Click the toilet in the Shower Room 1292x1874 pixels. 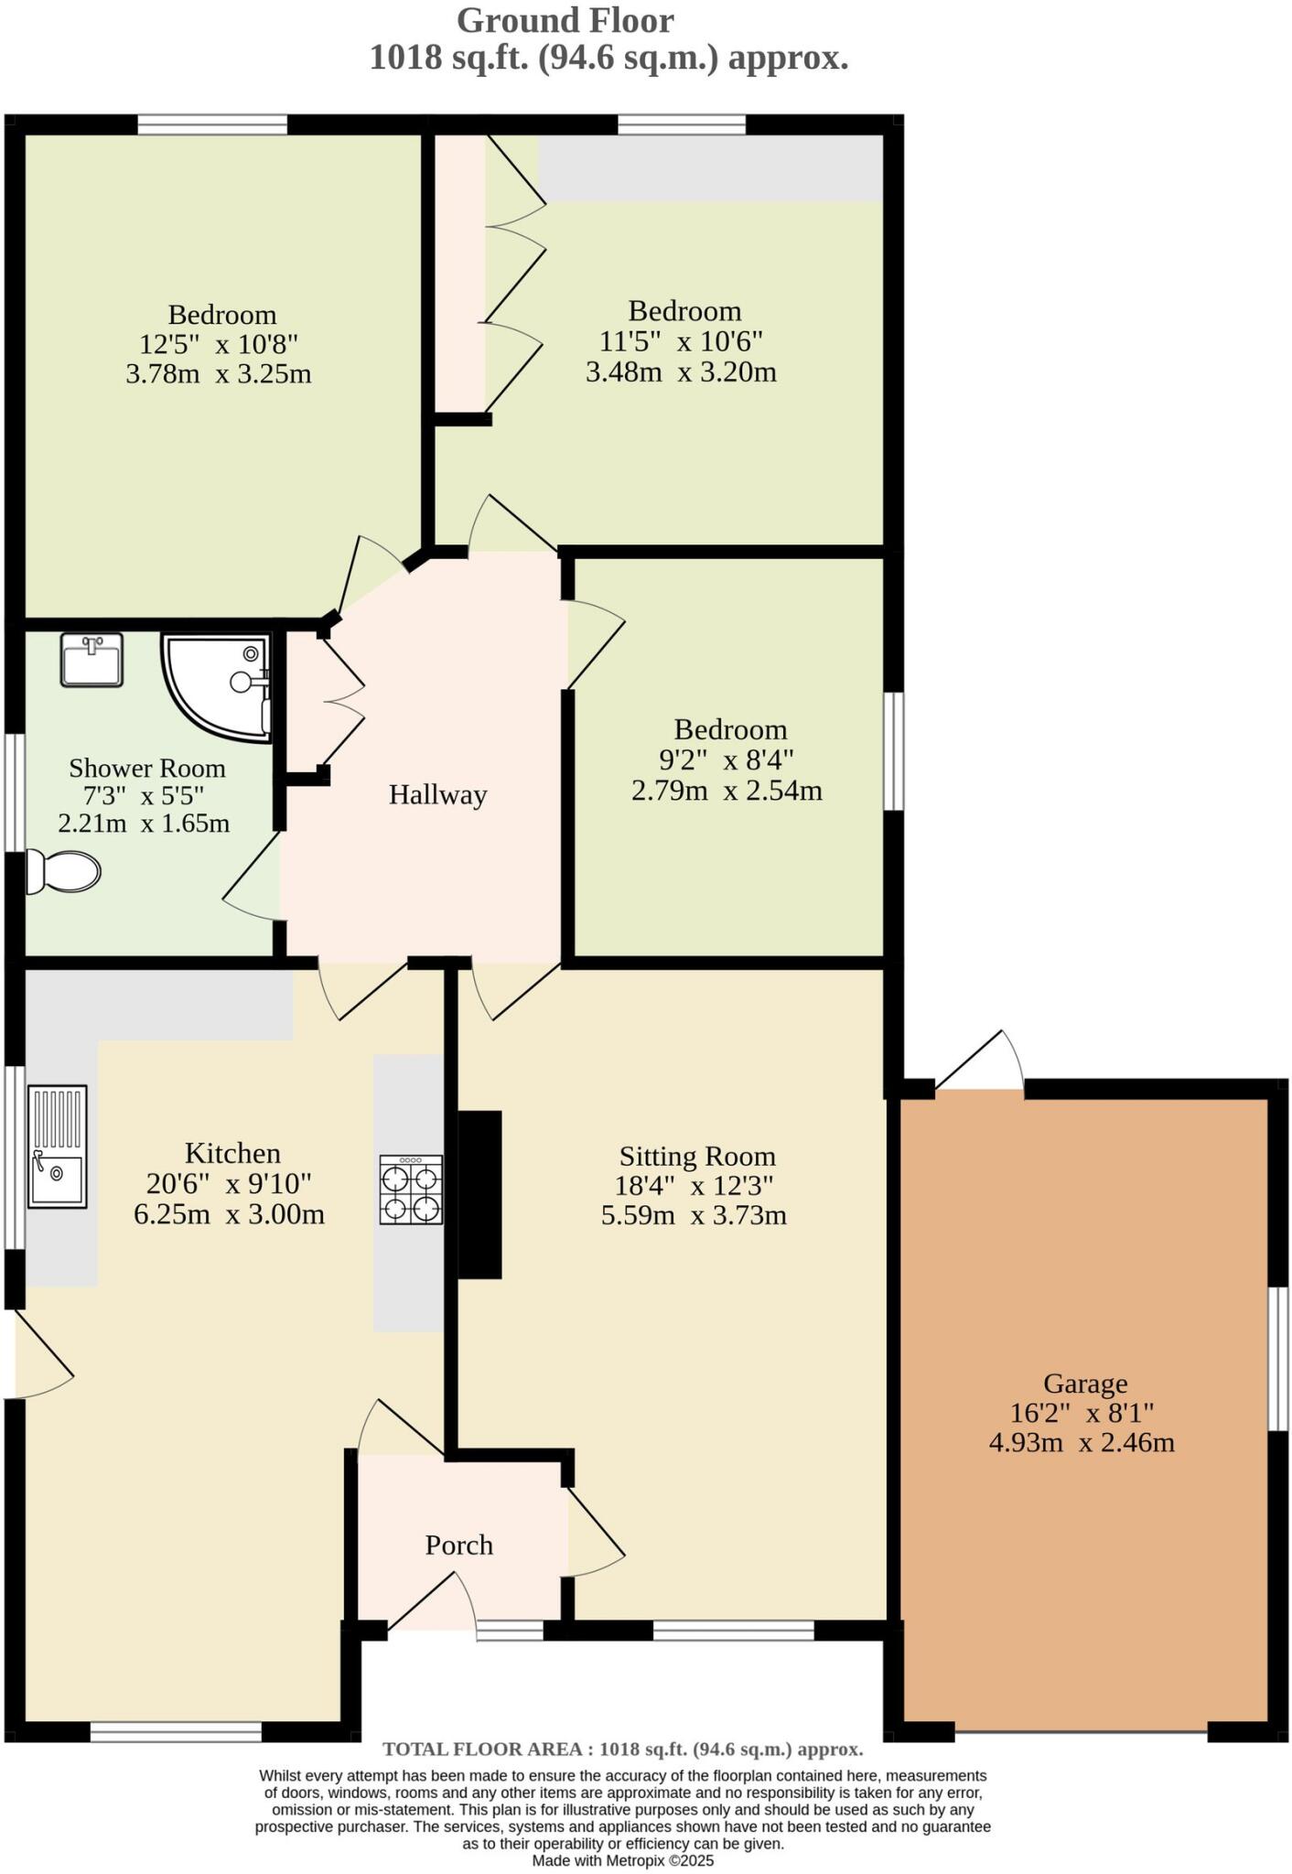(x=63, y=871)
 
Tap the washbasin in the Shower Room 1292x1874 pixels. (x=92, y=660)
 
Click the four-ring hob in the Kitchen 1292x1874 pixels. (x=412, y=1190)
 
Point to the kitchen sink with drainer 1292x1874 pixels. (x=57, y=1147)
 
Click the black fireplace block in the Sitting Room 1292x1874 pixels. (x=479, y=1194)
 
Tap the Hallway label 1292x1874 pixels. (x=437, y=794)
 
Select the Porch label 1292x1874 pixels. (x=459, y=1546)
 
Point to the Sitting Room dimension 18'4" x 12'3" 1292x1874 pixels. (x=694, y=1186)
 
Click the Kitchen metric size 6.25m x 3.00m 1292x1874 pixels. (x=229, y=1214)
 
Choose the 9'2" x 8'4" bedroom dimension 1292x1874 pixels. (x=727, y=759)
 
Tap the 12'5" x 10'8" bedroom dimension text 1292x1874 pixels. (x=220, y=344)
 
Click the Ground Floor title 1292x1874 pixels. (x=565, y=20)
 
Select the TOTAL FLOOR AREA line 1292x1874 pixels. (x=622, y=1750)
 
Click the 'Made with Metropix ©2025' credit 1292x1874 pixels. (x=622, y=1860)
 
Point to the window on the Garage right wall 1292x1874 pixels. (x=1279, y=1359)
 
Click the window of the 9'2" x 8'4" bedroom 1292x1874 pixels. (x=894, y=751)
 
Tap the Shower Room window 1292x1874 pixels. (x=13, y=792)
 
